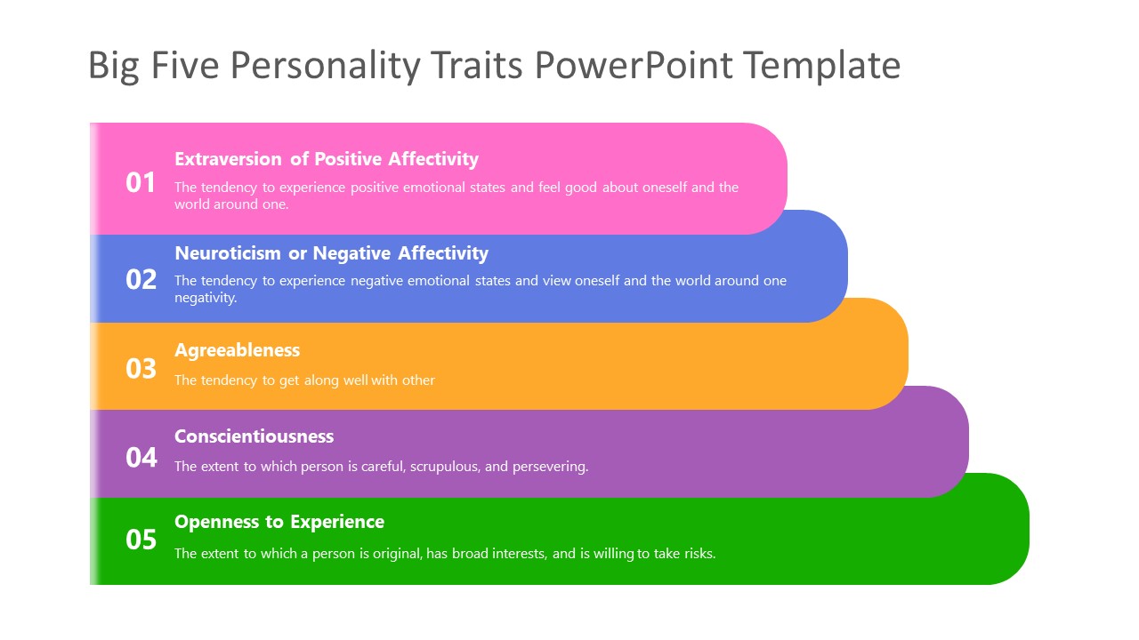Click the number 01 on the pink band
pos(141,183)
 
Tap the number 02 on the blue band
pos(141,280)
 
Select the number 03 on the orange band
pos(141,368)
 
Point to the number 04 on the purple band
pos(141,458)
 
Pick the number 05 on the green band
pos(141,540)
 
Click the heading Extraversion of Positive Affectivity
pos(326,159)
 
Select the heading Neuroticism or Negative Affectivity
pos(331,253)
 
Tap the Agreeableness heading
pos(237,350)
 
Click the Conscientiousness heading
pos(254,436)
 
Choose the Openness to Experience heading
pos(279,522)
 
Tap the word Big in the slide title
pos(113,67)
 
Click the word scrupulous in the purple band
pos(443,467)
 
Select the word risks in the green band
pos(698,554)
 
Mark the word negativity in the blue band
pos(206,298)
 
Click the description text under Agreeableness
pos(304,380)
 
